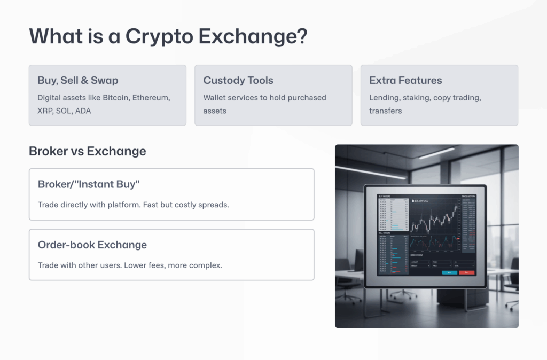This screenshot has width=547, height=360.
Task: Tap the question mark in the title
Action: pos(302,36)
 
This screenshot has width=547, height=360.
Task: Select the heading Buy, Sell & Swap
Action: pos(78,81)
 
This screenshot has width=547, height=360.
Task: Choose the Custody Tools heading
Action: pos(238,81)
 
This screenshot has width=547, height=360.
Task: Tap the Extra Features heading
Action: pos(405,81)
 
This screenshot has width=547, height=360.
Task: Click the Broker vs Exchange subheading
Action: pos(87,151)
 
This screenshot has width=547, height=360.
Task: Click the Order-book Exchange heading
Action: pos(92,245)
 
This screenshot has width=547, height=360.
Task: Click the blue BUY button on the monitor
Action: pos(449,272)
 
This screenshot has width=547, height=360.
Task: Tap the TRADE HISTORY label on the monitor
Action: pos(468,196)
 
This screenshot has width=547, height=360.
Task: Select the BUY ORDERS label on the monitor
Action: pos(384,196)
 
